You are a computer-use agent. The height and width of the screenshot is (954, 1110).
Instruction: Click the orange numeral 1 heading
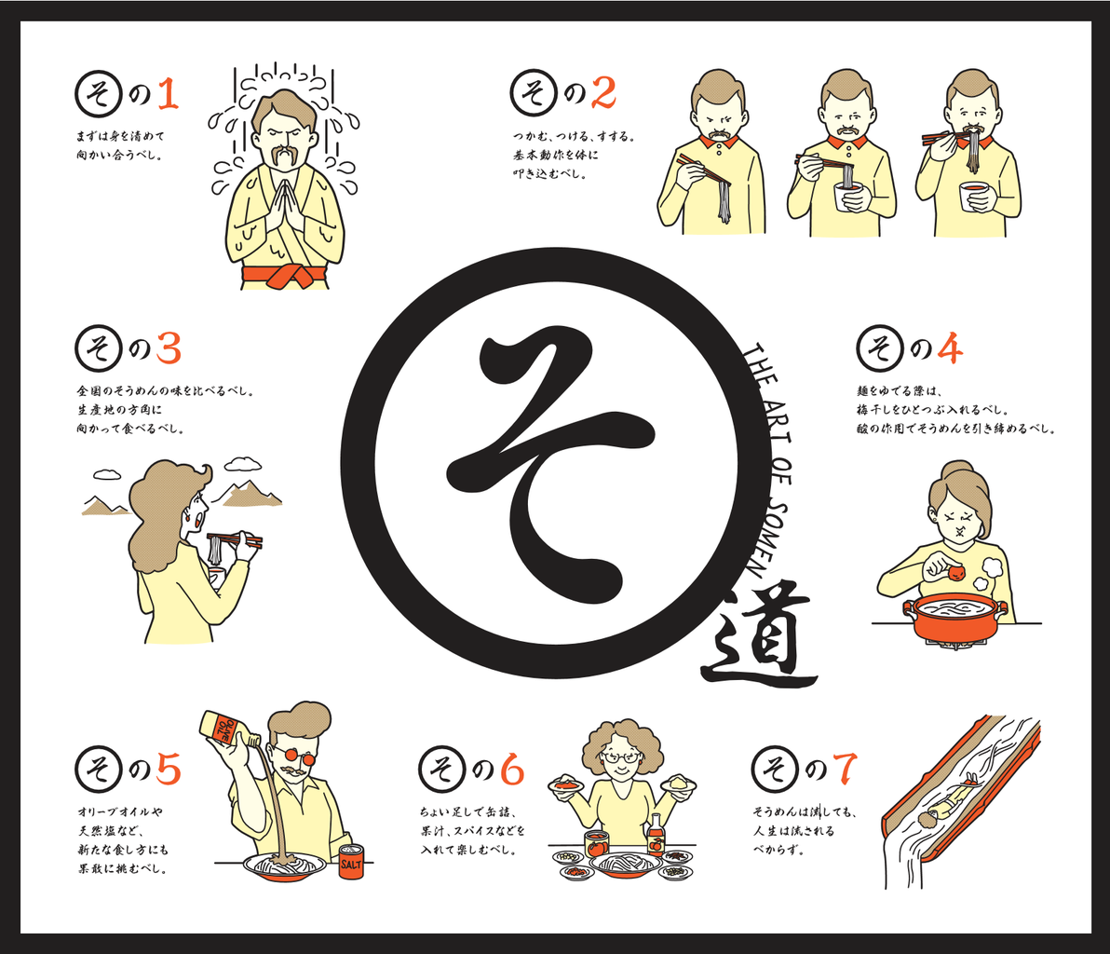coord(168,94)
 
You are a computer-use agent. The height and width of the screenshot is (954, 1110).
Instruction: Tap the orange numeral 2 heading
coord(603,94)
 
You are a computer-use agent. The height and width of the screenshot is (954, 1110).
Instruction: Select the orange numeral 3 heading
coord(169,348)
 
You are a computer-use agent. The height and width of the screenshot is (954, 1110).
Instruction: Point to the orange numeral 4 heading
coord(951,348)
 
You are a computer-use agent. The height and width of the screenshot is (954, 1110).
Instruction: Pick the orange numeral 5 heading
coord(169,770)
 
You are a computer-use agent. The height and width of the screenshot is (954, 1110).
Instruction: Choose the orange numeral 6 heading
coord(512,770)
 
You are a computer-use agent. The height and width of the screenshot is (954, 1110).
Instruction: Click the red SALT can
coord(350,861)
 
